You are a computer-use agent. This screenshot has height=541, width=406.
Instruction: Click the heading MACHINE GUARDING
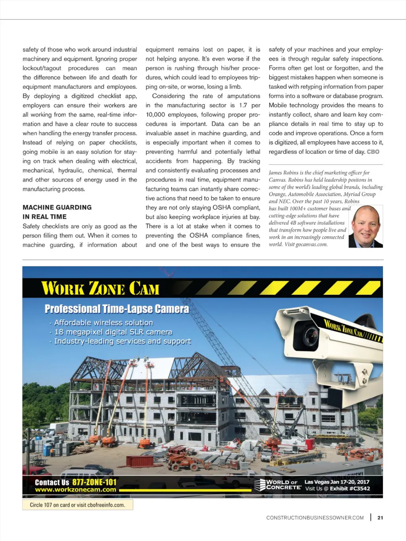tap(57, 207)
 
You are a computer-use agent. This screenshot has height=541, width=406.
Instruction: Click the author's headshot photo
tap(366, 226)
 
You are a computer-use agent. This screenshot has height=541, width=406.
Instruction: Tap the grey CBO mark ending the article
tap(373, 152)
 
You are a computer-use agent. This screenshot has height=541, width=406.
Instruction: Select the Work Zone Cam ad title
tap(100, 288)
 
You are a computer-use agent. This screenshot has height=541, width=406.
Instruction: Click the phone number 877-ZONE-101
tap(94, 482)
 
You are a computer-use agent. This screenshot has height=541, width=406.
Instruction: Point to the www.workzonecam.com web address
tap(75, 490)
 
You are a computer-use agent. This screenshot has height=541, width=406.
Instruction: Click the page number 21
tap(380, 518)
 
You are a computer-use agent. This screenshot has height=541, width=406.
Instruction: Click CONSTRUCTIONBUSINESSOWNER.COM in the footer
tap(315, 518)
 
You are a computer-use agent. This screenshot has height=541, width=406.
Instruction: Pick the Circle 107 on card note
tap(77, 505)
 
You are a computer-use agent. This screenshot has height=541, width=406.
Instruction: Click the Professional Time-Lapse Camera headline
tap(117, 309)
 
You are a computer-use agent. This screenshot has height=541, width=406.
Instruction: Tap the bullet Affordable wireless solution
tap(103, 323)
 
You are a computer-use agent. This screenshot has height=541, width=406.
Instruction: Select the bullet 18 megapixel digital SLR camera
tap(113, 332)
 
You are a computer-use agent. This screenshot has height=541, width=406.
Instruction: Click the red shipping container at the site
tap(139, 461)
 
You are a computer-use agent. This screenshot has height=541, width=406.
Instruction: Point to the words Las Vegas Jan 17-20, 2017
tap(337, 482)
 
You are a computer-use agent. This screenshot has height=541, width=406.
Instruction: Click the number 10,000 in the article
tap(155, 115)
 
